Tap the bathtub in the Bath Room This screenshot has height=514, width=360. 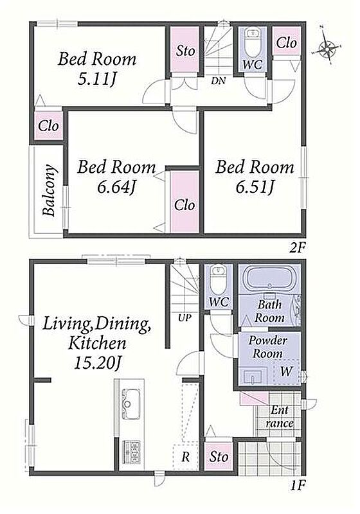point(269,278)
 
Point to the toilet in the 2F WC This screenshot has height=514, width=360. point(252,42)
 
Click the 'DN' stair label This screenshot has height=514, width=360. point(219,80)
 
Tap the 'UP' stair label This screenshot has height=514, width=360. point(185,317)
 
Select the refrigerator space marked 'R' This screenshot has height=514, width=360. point(186,457)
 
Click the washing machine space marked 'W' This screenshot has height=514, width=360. point(286,371)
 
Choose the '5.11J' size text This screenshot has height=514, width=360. point(96,79)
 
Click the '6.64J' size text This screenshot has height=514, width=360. point(116,188)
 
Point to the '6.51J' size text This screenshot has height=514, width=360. point(254,188)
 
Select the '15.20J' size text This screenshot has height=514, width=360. point(98,363)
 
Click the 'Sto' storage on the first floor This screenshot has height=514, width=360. point(219,456)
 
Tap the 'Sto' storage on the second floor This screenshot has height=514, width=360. point(185,50)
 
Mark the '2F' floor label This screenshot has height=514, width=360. point(297,248)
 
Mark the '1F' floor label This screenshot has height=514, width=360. point(298,484)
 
